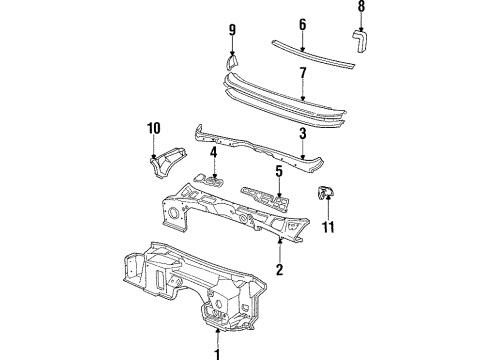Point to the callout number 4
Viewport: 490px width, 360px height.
(x=213, y=154)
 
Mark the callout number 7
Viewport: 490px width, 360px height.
(x=303, y=72)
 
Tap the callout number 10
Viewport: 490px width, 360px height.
(x=155, y=128)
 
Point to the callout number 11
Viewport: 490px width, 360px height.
(x=327, y=228)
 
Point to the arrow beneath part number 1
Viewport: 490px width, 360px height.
(x=217, y=335)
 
